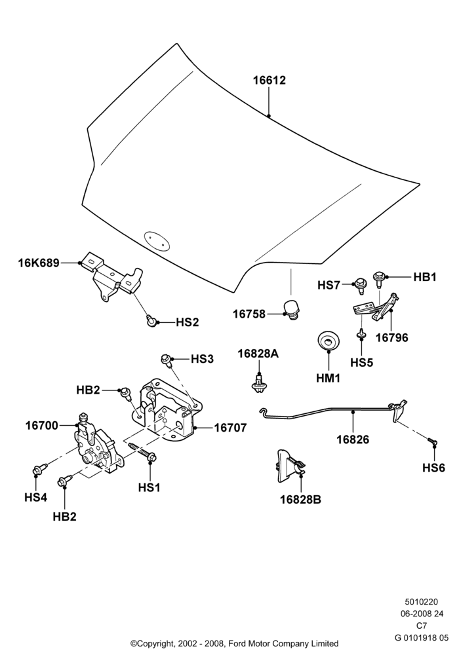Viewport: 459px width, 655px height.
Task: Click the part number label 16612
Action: (x=269, y=80)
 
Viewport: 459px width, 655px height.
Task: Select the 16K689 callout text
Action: (x=39, y=263)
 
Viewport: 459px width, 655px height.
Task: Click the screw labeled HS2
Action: (x=151, y=321)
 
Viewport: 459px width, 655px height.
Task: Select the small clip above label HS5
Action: (x=361, y=335)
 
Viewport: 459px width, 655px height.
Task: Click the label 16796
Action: (x=391, y=337)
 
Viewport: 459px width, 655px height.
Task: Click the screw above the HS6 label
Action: (x=432, y=440)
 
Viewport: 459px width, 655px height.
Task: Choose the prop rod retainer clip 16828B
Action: (x=289, y=465)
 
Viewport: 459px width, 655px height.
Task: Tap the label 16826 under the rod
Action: (x=353, y=440)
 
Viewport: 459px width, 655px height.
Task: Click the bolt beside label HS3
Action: (x=166, y=360)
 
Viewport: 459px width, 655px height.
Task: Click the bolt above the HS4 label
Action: (x=37, y=470)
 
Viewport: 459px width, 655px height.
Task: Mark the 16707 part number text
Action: (x=230, y=428)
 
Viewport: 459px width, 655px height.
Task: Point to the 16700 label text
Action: (x=42, y=426)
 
